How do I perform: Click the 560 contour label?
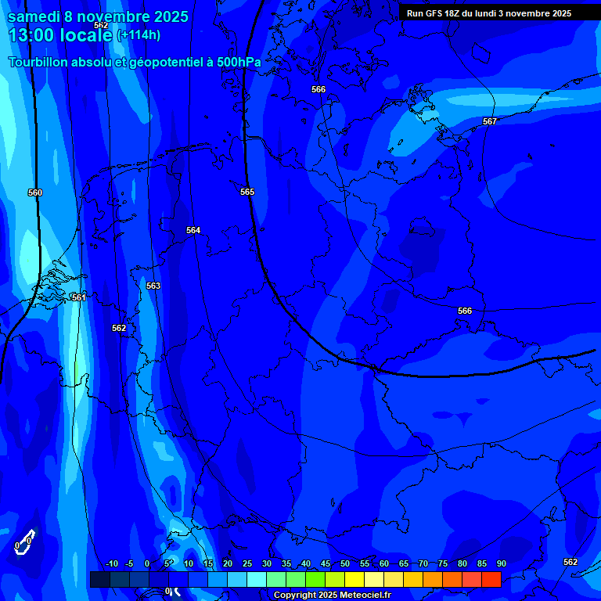click(x=34, y=193)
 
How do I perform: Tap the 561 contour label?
click(x=78, y=297)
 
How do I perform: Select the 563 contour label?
click(x=153, y=286)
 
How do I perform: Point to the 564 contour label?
click(x=193, y=230)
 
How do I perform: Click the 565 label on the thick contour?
click(x=247, y=192)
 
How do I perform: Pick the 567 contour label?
click(x=490, y=121)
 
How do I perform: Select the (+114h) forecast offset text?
click(x=139, y=35)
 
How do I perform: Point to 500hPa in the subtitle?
click(x=234, y=62)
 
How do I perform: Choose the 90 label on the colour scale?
click(x=501, y=564)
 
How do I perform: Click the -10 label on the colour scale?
click(x=111, y=564)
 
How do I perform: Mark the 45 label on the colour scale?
click(x=325, y=564)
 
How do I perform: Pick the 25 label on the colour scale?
click(x=247, y=564)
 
